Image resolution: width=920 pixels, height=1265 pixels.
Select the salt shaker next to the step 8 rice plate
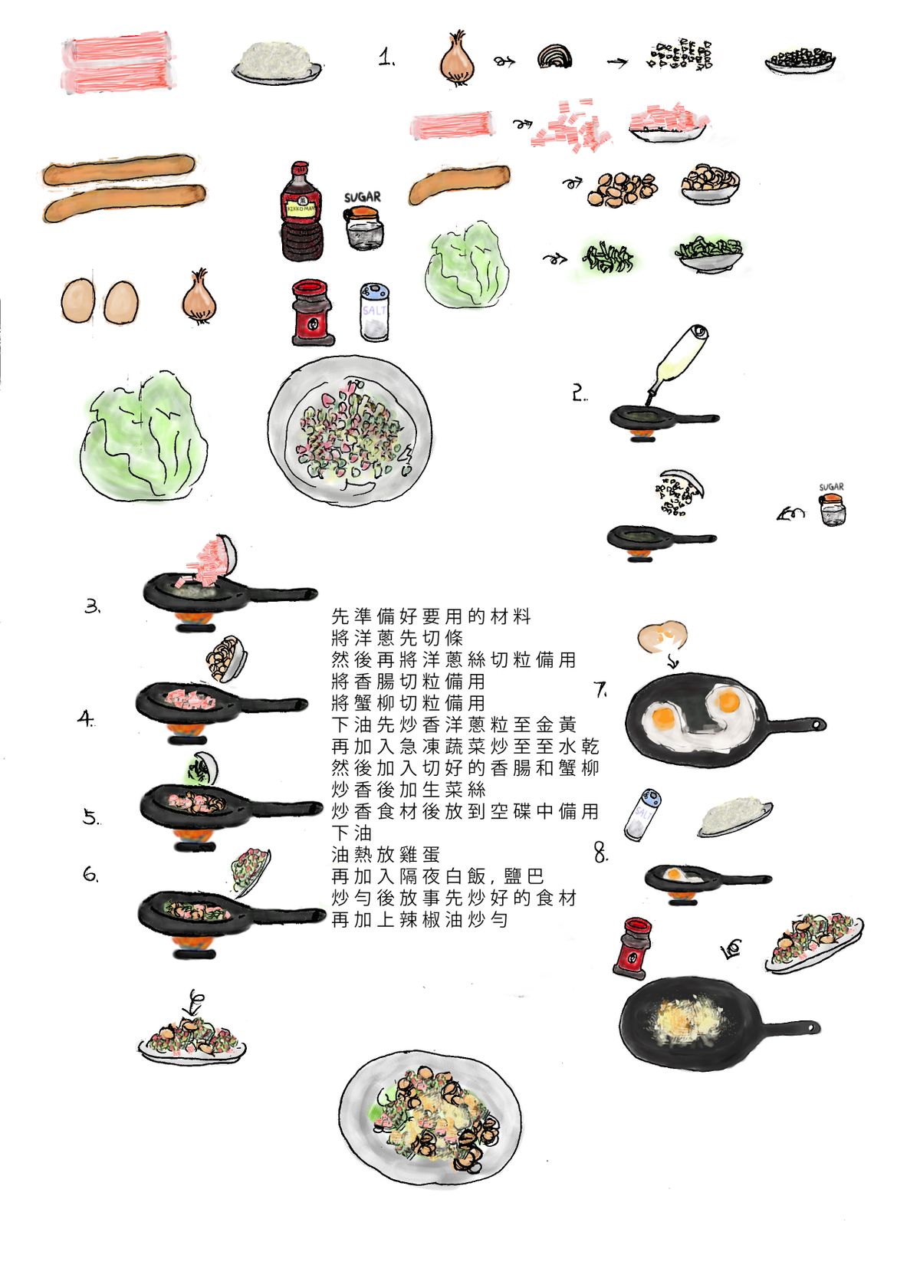coord(642,815)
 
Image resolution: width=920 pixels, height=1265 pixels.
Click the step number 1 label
coord(386,57)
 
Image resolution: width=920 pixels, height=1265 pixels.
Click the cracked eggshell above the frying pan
coord(662,636)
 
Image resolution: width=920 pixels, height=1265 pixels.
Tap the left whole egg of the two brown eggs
coord(78,301)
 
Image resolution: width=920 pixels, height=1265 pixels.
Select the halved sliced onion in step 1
coord(554,57)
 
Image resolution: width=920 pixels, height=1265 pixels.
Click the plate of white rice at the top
coord(277,62)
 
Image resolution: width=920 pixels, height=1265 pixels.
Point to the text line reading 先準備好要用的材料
coord(431,616)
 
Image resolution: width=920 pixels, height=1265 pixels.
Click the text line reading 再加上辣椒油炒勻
coord(419,920)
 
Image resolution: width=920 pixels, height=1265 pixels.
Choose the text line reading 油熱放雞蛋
coord(385,854)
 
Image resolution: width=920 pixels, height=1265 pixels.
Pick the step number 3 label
coord(92,606)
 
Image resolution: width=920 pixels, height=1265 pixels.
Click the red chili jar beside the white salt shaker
coord(312,312)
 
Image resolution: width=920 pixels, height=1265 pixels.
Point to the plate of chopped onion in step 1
coord(800,61)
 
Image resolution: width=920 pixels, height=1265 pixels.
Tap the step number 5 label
coord(91,817)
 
